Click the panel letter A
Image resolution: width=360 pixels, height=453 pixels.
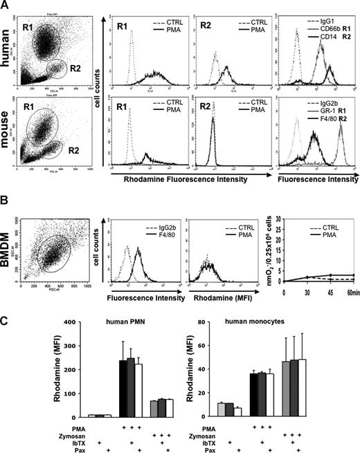pyautogui.click(x=6, y=6)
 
